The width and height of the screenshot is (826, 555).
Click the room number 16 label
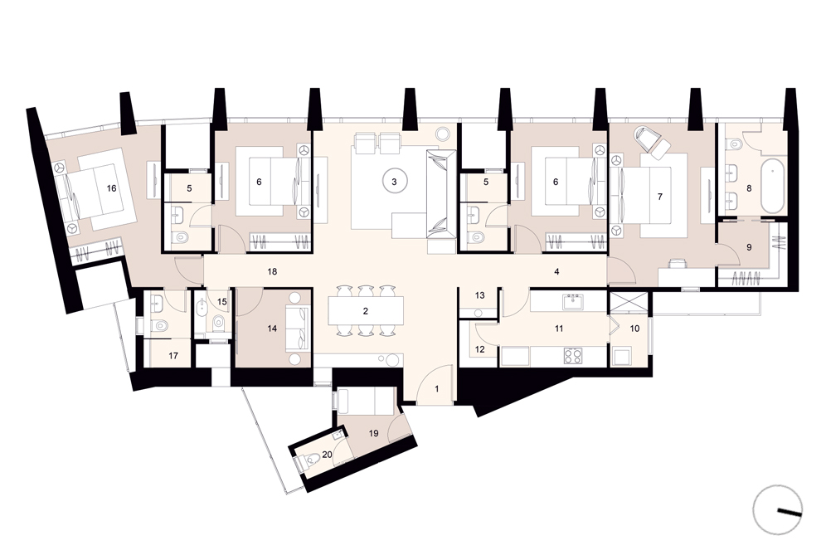pos(111,188)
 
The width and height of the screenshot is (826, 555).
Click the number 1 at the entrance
pos(437,389)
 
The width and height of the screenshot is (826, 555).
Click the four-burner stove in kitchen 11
pos(572,356)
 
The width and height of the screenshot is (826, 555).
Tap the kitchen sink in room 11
pos(572,302)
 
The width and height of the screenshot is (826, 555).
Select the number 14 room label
pos(272,329)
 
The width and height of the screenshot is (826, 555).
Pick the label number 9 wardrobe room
pos(749,247)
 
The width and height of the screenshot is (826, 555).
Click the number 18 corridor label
pos(272,272)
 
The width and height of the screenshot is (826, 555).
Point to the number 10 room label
pos(634,329)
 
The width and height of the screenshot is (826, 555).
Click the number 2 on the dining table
pos(366,311)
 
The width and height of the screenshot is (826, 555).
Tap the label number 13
pos(479,295)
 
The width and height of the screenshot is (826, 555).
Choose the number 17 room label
pos(173,356)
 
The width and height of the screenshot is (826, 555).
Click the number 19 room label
pos(373,434)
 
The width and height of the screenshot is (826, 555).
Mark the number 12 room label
pos(479,349)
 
